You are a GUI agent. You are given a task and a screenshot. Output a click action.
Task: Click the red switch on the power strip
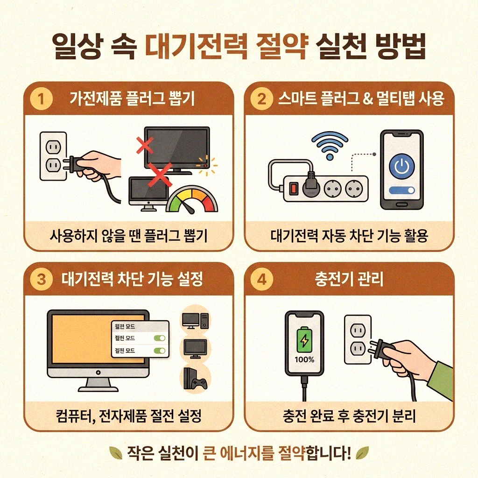coord(294,189)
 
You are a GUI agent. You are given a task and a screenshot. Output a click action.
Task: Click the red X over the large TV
coord(145,145)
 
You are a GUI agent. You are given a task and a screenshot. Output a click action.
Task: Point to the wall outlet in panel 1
coord(53,156)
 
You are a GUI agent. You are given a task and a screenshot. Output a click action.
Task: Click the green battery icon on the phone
coord(304,340)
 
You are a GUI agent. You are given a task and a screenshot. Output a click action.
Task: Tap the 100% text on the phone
coord(304,360)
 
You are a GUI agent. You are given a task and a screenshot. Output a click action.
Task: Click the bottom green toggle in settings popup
coord(160,350)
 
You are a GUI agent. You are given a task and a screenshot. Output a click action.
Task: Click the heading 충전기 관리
coord(349,280)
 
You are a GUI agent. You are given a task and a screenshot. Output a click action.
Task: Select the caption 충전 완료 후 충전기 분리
coord(349,416)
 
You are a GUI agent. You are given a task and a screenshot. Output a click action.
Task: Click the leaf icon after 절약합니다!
coord(362,452)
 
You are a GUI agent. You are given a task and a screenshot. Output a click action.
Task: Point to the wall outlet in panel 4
coord(357,339)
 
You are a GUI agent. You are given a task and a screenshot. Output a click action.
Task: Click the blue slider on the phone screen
coord(401,190)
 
